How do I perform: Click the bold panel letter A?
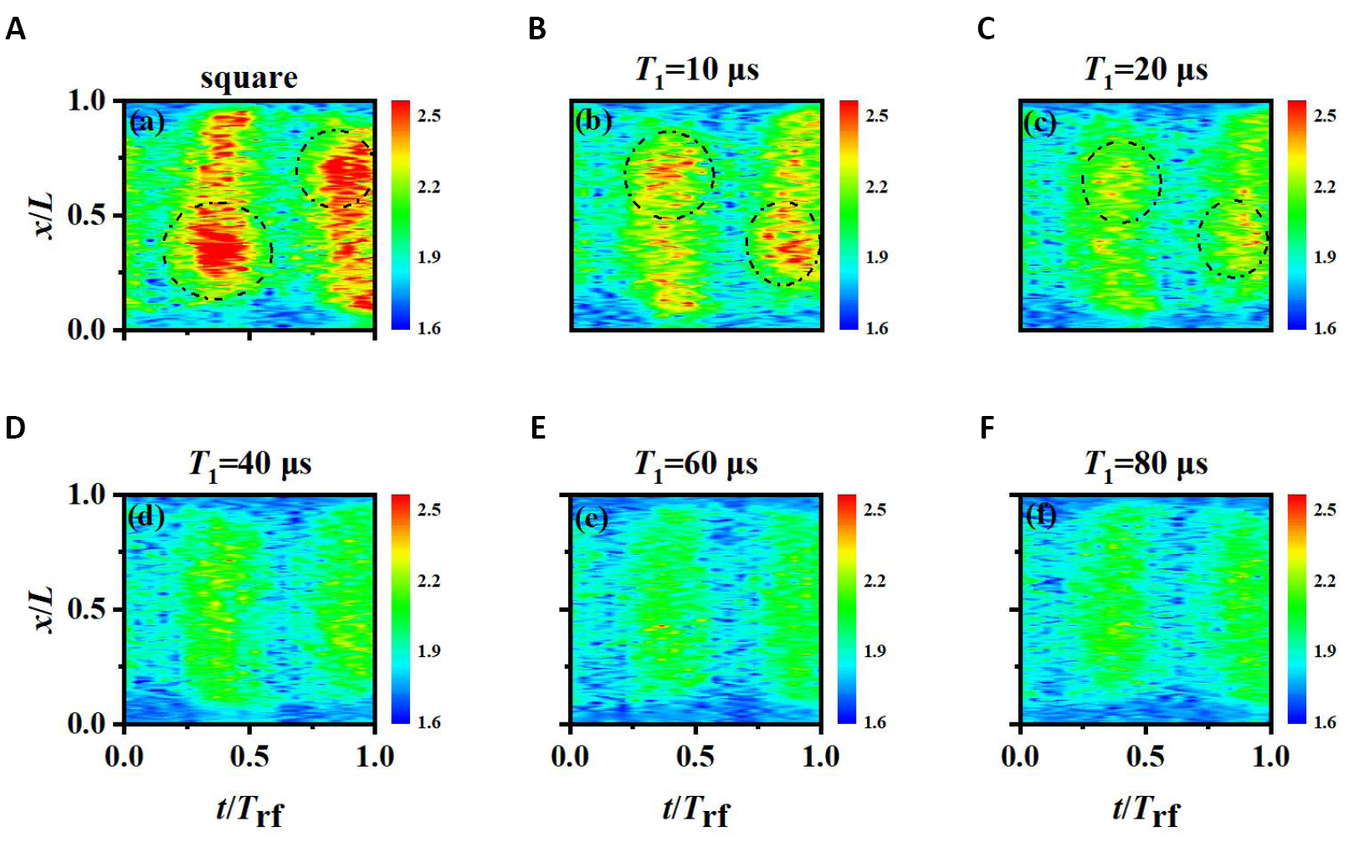point(15,30)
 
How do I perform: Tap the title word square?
point(249,78)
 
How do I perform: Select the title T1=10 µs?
point(696,70)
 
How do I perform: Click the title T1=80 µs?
point(1146,464)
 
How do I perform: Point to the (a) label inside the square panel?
point(146,122)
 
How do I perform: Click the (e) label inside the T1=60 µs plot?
point(592,518)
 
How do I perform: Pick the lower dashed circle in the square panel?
point(218,251)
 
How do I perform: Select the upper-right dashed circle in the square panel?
point(335,168)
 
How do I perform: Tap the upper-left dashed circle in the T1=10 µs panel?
point(669,175)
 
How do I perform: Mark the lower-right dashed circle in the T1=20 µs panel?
point(1233,239)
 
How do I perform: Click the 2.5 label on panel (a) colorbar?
point(429,116)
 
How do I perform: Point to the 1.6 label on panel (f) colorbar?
point(1325,722)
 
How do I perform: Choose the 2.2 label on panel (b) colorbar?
point(876,187)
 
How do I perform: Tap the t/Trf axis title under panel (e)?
point(695,810)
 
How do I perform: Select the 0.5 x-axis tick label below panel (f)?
point(1145,757)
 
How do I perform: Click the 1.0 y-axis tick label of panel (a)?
point(87,101)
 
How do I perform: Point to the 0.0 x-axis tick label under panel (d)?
point(125,757)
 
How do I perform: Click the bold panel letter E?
point(538,429)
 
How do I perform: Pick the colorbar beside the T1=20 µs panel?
point(1296,215)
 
